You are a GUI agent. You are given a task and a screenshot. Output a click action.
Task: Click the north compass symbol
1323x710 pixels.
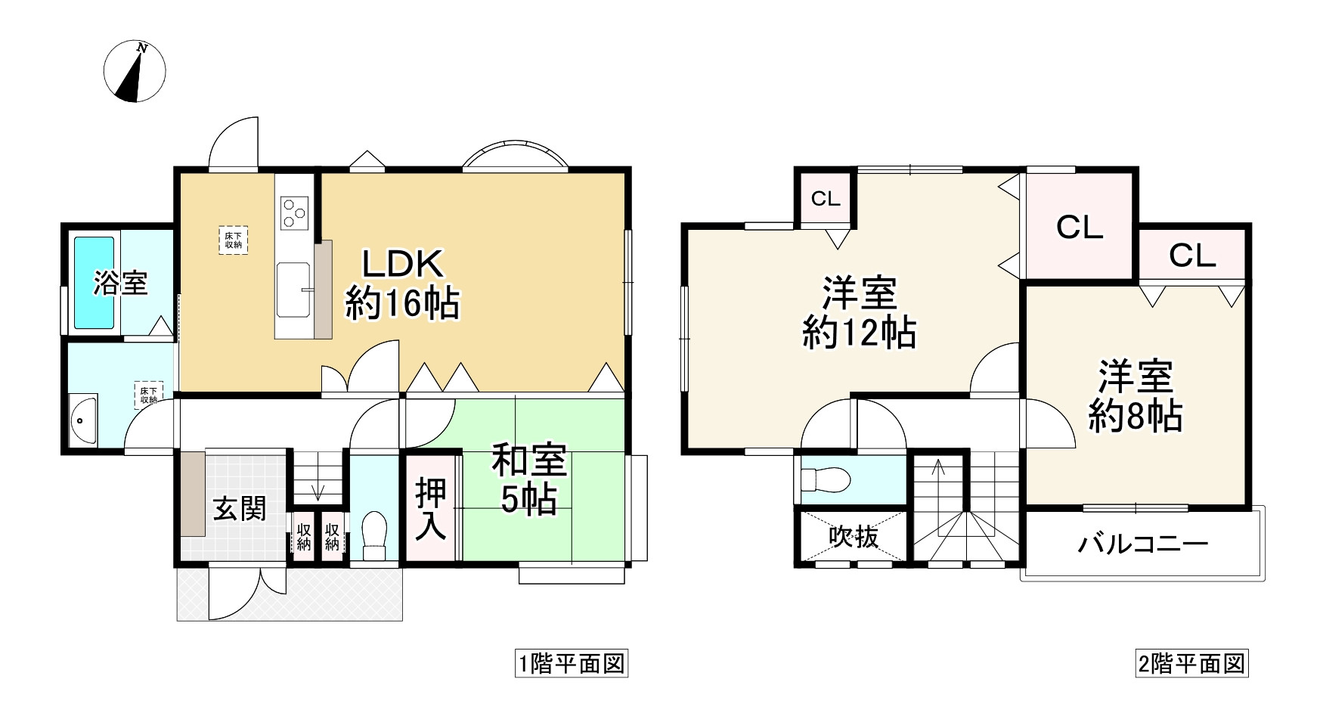pos(135,73)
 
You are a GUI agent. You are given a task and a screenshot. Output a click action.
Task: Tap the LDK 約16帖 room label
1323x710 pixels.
pos(401,285)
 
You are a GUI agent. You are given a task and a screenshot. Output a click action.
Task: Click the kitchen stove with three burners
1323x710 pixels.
pos(294,212)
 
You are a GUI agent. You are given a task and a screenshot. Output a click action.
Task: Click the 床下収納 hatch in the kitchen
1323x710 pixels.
pos(233,240)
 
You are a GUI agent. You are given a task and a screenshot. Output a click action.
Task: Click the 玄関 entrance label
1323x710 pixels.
pos(239,509)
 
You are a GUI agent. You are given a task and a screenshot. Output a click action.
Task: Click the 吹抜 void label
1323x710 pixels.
pos(854,537)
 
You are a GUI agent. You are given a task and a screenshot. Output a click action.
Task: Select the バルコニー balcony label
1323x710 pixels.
pos(1142,544)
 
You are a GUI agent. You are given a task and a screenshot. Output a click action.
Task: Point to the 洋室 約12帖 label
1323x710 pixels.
pos(860,312)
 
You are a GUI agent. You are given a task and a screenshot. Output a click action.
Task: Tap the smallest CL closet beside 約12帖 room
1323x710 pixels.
pos(826,199)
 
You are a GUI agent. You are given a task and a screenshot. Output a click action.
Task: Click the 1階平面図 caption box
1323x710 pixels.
pos(572,665)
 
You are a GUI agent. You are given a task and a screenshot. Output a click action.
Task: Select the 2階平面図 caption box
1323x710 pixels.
pos(1191,665)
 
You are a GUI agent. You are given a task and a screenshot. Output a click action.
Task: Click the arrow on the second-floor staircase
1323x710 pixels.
pos(938,480)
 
